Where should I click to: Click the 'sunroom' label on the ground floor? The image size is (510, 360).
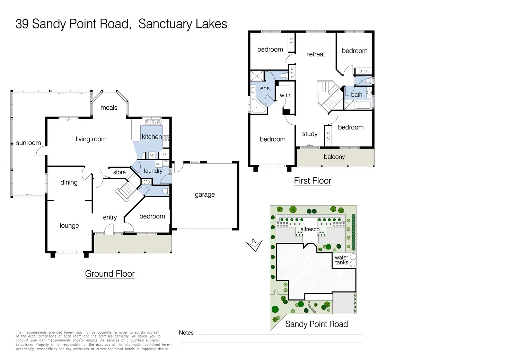click(x=28, y=143)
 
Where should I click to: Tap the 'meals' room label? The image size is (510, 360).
click(x=109, y=108)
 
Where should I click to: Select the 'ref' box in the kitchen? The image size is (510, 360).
click(x=152, y=155)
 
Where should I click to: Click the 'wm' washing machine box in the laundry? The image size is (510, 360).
click(x=158, y=164)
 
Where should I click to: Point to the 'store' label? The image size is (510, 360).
click(x=119, y=172)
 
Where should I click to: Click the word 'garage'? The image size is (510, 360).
click(x=204, y=195)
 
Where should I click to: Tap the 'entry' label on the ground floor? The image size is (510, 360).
click(x=110, y=217)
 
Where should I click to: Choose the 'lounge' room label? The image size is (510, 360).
click(x=69, y=226)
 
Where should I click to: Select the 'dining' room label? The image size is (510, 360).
click(x=69, y=182)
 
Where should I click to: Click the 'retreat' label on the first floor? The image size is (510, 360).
click(x=316, y=54)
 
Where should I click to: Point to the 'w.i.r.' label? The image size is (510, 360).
click(x=286, y=96)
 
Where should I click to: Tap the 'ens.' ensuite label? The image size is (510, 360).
click(x=265, y=89)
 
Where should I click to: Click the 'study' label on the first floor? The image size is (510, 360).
click(x=310, y=134)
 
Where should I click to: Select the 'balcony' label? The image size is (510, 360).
click(x=334, y=157)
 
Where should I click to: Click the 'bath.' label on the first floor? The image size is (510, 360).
click(x=357, y=95)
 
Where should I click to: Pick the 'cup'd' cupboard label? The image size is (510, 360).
click(x=292, y=72)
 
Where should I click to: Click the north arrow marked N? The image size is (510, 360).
click(x=255, y=244)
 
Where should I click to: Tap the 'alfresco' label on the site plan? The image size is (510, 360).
click(x=310, y=229)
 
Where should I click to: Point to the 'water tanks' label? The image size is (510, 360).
click(x=341, y=260)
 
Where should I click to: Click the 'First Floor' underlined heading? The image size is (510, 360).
click(x=313, y=181)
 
